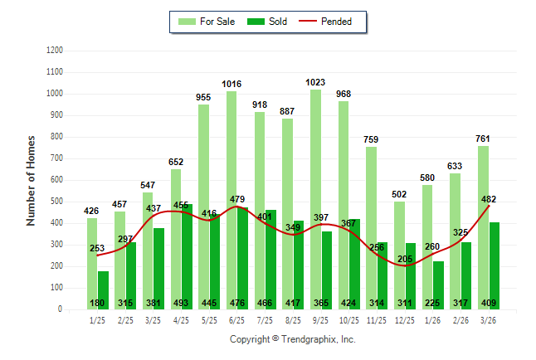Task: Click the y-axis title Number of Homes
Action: point(31,180)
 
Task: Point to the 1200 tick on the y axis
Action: point(55,51)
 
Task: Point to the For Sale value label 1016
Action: point(231,84)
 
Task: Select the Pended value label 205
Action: point(404,259)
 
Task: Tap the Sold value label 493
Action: point(181,303)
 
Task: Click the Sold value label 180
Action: point(97,303)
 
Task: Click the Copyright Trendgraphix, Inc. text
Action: point(292,339)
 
